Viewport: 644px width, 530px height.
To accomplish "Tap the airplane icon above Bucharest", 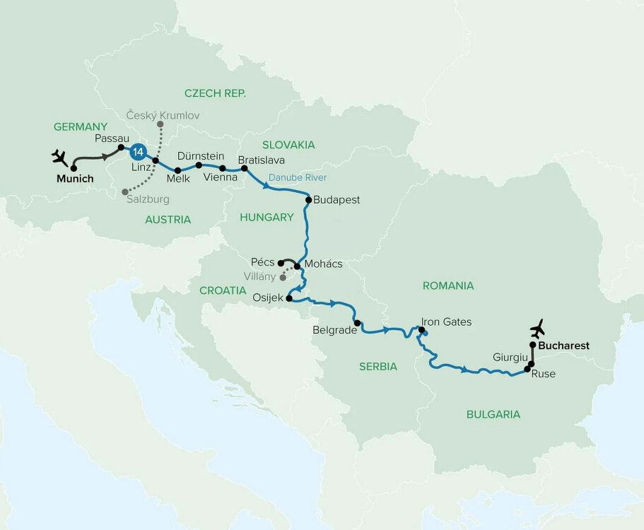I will [x=538, y=329].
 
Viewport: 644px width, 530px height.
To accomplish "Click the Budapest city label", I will [x=337, y=200].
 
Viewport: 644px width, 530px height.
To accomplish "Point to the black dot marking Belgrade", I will [x=358, y=324].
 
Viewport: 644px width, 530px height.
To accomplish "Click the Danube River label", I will [x=297, y=177].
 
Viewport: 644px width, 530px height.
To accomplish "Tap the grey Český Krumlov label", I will [x=163, y=114].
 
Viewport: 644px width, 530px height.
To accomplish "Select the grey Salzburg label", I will [x=149, y=200].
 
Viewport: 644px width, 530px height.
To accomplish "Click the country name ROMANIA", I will [x=447, y=285].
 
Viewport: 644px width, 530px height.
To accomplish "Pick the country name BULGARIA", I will [x=493, y=414].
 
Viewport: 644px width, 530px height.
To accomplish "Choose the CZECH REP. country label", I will [x=215, y=93].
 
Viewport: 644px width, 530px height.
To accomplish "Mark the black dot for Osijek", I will [x=289, y=299].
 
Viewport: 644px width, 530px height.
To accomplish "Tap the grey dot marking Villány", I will [x=283, y=278].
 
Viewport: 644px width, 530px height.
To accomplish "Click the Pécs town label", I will [x=262, y=262].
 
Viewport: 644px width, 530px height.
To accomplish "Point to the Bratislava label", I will [x=261, y=160].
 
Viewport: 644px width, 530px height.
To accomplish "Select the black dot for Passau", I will [x=121, y=148].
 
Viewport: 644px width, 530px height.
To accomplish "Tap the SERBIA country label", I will [x=378, y=366].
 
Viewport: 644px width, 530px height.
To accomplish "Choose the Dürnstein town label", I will [x=201, y=155].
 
